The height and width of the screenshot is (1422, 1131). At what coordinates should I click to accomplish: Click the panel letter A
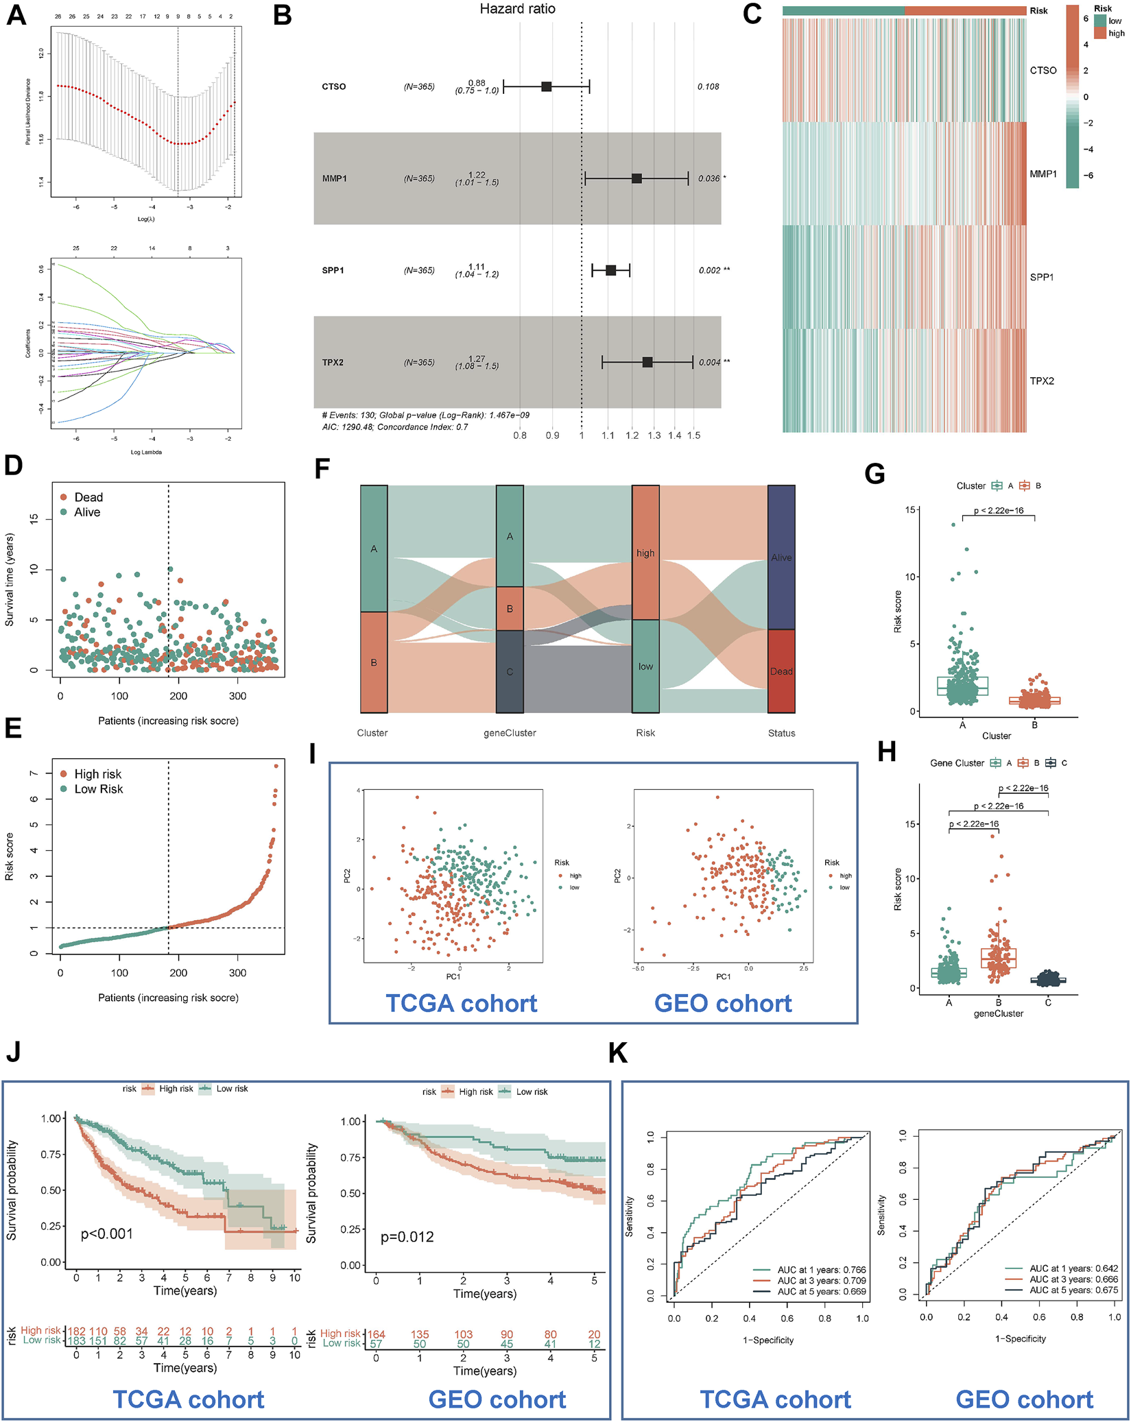click(16, 15)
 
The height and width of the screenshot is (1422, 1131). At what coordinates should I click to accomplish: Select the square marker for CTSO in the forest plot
click(546, 86)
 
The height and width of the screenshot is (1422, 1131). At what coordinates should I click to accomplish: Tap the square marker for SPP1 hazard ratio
click(610, 270)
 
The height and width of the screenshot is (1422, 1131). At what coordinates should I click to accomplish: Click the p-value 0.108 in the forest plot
click(708, 86)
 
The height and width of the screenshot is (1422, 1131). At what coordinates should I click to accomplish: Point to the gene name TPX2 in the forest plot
click(333, 362)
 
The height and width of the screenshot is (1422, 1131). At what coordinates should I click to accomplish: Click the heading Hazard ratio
click(517, 9)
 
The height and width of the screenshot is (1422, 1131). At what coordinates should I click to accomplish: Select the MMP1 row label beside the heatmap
click(1043, 174)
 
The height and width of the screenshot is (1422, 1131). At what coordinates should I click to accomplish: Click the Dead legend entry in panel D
click(88, 497)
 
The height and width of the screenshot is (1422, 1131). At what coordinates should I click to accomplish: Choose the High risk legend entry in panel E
click(97, 774)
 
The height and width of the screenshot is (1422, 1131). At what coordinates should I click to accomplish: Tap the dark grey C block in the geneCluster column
click(510, 671)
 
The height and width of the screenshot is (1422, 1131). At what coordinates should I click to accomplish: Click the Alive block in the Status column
click(781, 557)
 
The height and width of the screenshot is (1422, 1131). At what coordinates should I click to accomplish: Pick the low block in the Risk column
click(645, 666)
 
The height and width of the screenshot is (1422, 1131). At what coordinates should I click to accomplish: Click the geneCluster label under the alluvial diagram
click(510, 733)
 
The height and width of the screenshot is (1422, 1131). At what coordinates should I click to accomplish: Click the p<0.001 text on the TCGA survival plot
click(106, 1233)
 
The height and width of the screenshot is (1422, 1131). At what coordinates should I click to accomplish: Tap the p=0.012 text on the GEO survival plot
click(407, 1237)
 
